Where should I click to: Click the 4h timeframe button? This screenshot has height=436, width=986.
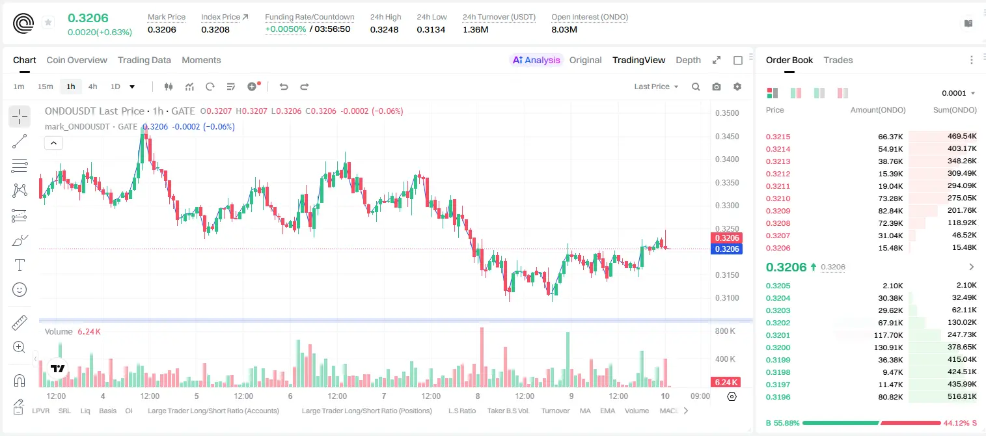click(92, 87)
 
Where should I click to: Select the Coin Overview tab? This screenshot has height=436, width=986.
click(77, 61)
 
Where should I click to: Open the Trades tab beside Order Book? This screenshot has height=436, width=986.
click(838, 61)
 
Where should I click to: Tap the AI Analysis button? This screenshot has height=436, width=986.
click(536, 61)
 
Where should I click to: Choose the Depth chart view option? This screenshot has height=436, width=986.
click(688, 61)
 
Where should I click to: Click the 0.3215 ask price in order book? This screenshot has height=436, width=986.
click(778, 137)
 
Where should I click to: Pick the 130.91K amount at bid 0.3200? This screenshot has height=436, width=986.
click(888, 347)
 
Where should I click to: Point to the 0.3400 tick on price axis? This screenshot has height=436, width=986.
click(727, 159)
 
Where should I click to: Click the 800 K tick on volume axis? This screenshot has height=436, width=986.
click(725, 331)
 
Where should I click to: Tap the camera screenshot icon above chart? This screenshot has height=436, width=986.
click(717, 87)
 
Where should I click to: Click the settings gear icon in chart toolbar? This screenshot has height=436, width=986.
click(737, 87)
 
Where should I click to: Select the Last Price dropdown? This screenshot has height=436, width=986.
click(656, 87)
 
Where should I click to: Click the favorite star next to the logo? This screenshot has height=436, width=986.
click(48, 22)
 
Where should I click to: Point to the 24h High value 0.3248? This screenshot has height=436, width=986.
click(384, 29)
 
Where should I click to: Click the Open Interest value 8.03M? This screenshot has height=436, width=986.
click(564, 29)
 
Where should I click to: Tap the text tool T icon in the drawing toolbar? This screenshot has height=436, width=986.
click(20, 265)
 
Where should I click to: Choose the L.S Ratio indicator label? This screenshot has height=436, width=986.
click(461, 411)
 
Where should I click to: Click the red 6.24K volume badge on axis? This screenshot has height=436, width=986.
click(726, 383)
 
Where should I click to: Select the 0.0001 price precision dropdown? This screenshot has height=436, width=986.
click(958, 93)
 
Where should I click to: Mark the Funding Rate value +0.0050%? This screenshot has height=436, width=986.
click(285, 29)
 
